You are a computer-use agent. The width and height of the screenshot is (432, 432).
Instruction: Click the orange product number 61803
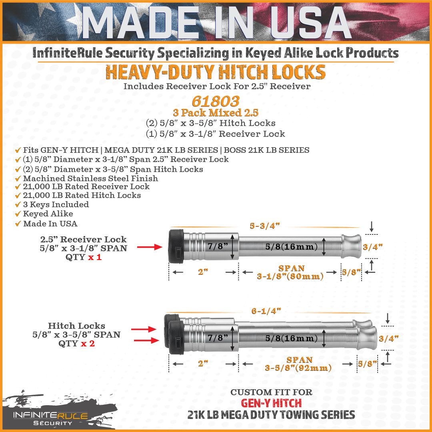pyautogui.click(x=216, y=101)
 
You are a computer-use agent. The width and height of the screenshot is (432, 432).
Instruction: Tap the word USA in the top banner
pyautogui.click(x=310, y=22)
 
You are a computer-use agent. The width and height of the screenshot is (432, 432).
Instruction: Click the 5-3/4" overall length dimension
pyautogui.click(x=265, y=226)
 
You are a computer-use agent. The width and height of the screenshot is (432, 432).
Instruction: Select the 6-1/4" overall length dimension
pyautogui.click(x=266, y=311)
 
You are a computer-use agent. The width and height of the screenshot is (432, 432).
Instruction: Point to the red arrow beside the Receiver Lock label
pyautogui.click(x=150, y=247)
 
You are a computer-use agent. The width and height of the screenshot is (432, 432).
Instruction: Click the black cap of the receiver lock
pyautogui.click(x=176, y=246)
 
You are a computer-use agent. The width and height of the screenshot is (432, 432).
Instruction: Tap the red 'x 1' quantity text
pyautogui.click(x=95, y=257)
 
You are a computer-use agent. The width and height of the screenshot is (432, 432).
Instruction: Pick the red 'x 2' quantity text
pyautogui.click(x=88, y=344)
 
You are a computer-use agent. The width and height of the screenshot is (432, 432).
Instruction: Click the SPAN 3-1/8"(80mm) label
pyautogui.click(x=290, y=272)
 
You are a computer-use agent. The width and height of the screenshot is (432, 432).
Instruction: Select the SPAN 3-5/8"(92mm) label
pyautogui.click(x=298, y=364)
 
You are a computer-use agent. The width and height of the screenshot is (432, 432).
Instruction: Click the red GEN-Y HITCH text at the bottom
pyautogui.click(x=271, y=403)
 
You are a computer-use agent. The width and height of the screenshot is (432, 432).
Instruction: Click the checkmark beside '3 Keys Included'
pyautogui.click(x=18, y=205)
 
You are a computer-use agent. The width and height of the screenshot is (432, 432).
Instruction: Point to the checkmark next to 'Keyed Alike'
pyautogui.click(x=18, y=214)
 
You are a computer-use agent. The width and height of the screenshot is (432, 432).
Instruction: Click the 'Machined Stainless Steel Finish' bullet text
pyautogui.click(x=91, y=178)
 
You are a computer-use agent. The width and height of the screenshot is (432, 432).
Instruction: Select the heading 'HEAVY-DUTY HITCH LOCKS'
pyautogui.click(x=216, y=72)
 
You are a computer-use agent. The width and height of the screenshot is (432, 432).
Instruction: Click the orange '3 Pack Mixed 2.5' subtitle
pyautogui.click(x=216, y=113)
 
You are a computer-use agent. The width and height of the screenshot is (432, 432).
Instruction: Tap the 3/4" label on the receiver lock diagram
pyautogui.click(x=373, y=247)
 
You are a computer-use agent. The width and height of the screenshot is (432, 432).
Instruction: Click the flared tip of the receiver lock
pyautogui.click(x=351, y=246)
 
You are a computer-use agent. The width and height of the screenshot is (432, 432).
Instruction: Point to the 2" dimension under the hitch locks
pyautogui.click(x=203, y=364)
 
